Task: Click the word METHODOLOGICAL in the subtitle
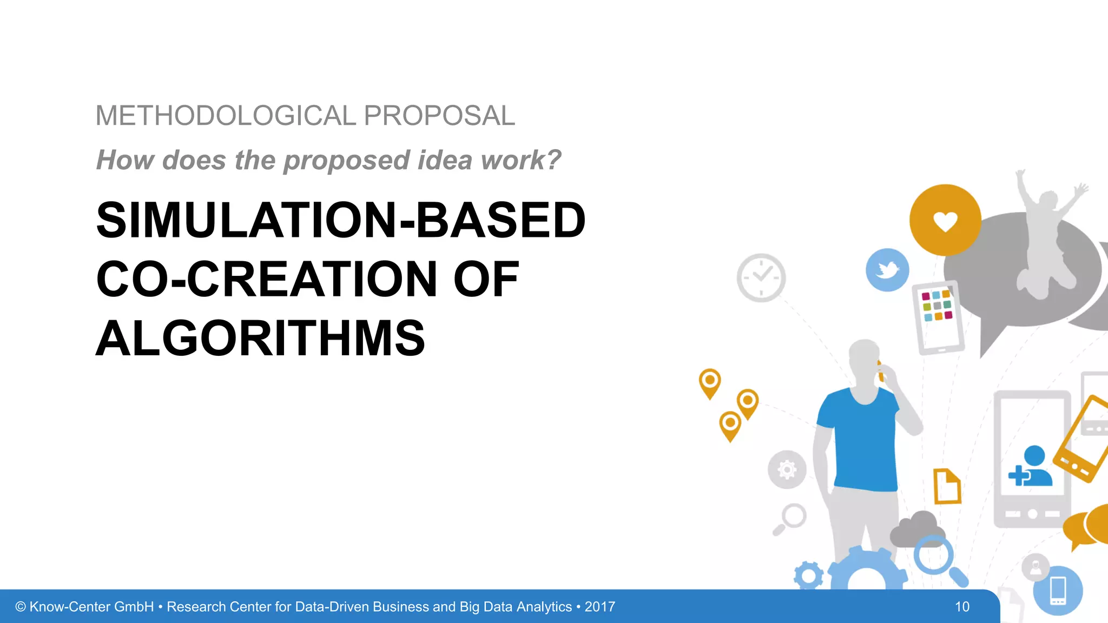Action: tap(226, 116)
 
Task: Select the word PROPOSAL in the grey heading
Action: tap(439, 116)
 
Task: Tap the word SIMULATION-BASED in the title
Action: tap(340, 220)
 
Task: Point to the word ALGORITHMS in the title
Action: tap(260, 339)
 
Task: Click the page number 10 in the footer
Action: tap(962, 607)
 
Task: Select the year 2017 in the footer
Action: tap(599, 607)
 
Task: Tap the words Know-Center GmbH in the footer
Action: tap(91, 607)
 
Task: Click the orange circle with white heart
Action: tap(945, 220)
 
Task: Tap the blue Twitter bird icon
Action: tap(887, 270)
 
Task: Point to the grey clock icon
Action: tap(761, 277)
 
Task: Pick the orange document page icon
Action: tap(947, 486)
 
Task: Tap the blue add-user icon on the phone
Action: tap(1030, 467)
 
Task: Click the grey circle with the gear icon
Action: tap(787, 469)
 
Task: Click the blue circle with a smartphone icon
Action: tap(1058, 591)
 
